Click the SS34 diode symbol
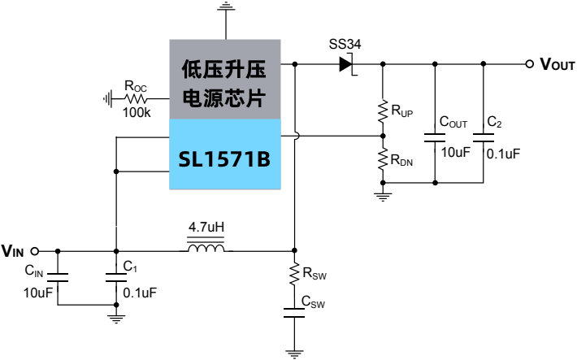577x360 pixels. point(347,63)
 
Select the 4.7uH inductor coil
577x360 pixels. point(206,249)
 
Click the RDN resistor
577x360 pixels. point(382,159)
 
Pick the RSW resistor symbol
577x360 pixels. point(294,275)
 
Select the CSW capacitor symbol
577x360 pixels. point(294,313)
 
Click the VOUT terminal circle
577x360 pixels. point(530,63)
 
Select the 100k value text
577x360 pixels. point(137,113)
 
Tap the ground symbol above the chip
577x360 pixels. point(224,8)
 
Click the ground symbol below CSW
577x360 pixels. point(294,353)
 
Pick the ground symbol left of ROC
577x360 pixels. point(108,98)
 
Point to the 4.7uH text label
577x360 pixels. point(206,226)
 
